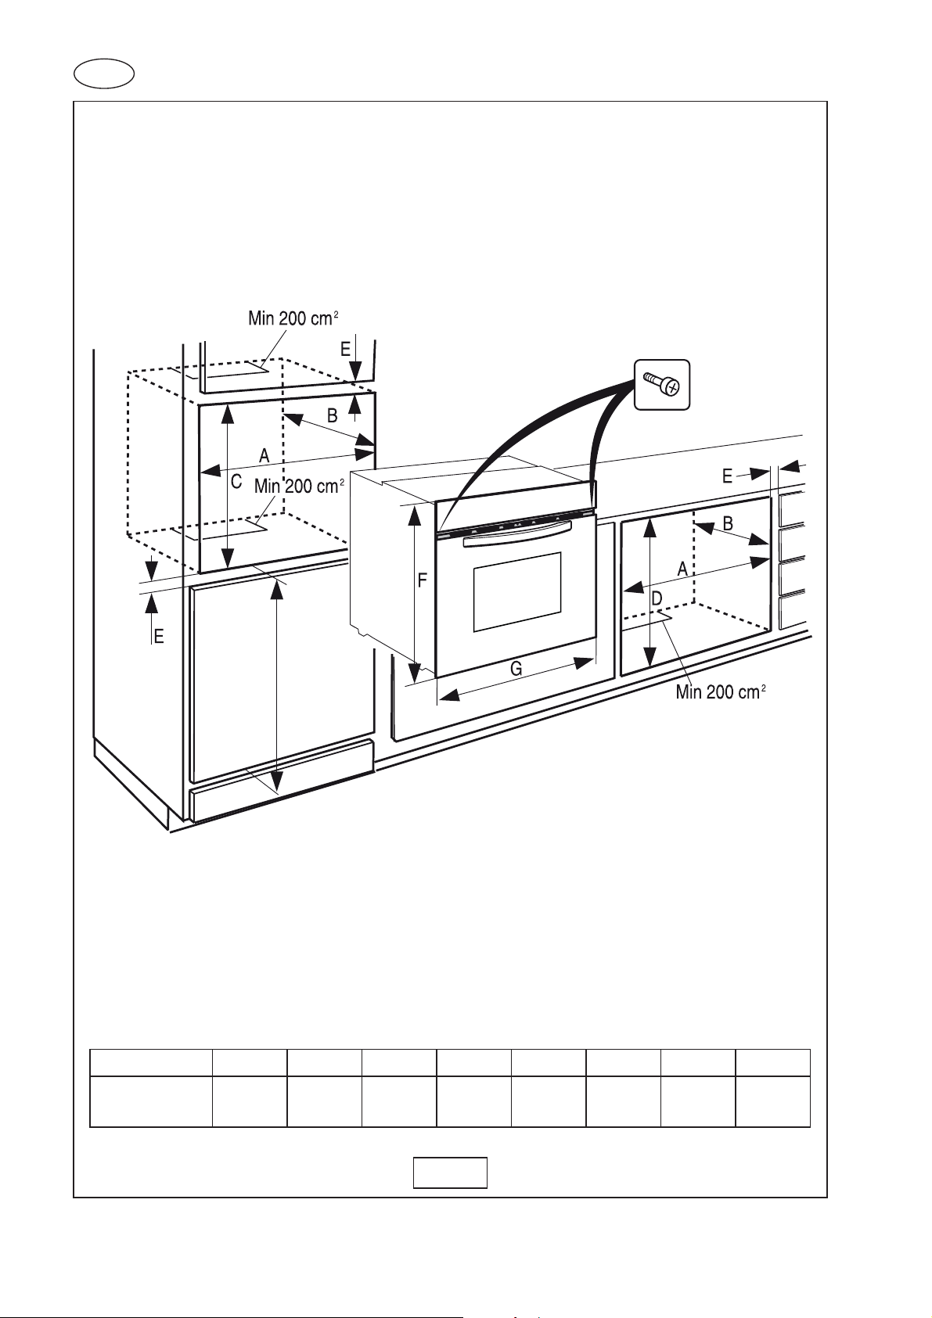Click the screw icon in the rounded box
tap(661, 384)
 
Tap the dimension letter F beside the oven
tap(423, 580)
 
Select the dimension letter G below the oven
tap(516, 669)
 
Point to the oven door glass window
tap(516, 592)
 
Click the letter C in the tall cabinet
tap(236, 483)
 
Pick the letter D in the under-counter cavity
tap(657, 598)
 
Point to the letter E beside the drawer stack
tap(727, 476)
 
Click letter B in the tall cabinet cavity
tap(332, 416)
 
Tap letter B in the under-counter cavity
tap(728, 524)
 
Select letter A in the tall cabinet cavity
tap(264, 454)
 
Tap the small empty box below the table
tap(450, 1173)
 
